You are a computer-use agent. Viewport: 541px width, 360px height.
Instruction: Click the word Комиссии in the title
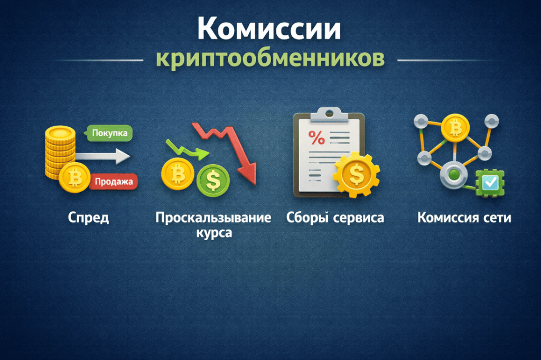pos(269,29)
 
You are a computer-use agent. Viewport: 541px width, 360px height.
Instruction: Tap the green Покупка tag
pos(108,133)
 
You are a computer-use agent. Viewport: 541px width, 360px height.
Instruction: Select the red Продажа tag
pos(114,182)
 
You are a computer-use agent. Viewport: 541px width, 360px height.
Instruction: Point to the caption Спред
pos(88,217)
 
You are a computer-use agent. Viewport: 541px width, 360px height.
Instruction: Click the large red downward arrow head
pos(248,173)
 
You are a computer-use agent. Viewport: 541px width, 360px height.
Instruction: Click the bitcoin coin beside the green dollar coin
pos(178,174)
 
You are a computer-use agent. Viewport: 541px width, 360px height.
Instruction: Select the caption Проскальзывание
pos(213,217)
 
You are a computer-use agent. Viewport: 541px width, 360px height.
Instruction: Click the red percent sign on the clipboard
pos(316,138)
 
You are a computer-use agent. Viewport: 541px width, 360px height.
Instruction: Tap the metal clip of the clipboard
pos(329,115)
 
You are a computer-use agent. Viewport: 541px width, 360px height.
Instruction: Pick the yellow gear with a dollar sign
pos(357,175)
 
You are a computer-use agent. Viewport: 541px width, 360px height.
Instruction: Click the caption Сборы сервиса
pos(335,217)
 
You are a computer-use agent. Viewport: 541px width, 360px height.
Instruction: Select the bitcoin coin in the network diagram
pos(455,128)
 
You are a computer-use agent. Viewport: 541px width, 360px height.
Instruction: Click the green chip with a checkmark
pos(490,183)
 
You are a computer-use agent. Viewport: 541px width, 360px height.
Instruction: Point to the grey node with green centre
pos(454,175)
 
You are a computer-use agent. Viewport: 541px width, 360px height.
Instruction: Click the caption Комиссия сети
pos(464,217)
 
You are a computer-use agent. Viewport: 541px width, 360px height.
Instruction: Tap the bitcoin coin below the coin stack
pos(75,177)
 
